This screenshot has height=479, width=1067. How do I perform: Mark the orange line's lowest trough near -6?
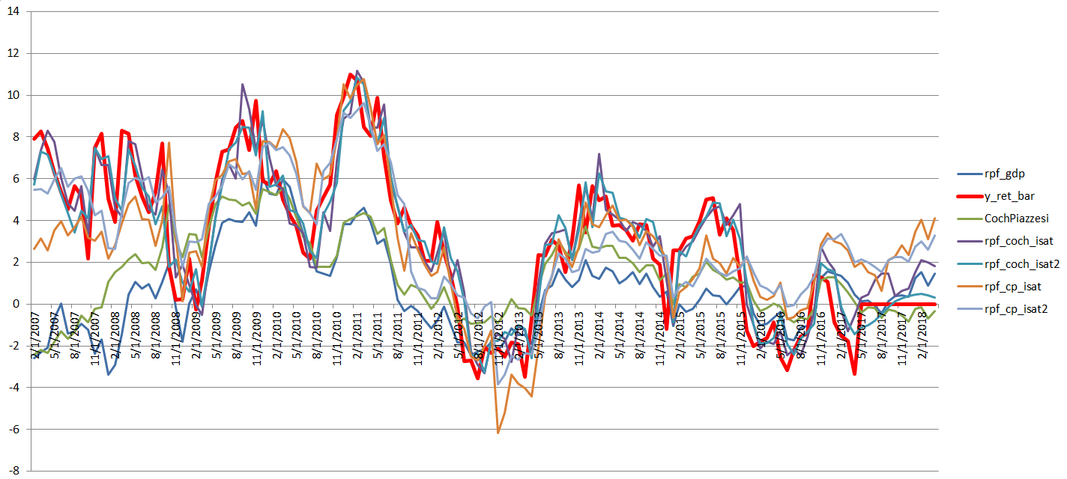point(498,432)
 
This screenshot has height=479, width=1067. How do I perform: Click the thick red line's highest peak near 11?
point(351,74)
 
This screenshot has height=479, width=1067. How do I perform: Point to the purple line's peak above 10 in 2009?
point(242,85)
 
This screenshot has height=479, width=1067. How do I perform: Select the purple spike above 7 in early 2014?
point(599,154)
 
